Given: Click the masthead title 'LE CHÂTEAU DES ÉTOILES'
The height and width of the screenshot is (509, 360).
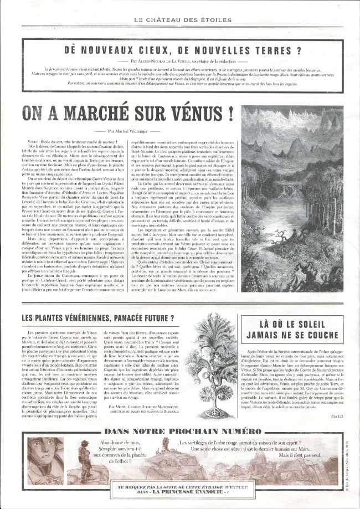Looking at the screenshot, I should pos(179,20).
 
